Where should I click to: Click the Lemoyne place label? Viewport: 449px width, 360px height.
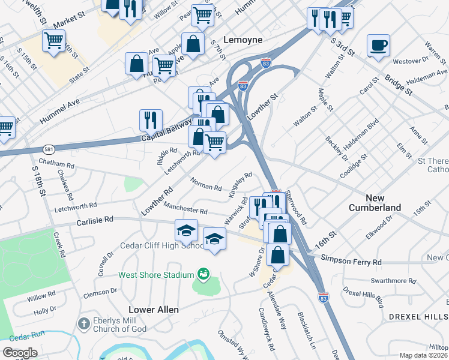point(243,40)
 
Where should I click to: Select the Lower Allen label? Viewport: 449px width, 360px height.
point(154,310)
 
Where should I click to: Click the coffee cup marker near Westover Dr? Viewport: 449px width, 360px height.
point(378,46)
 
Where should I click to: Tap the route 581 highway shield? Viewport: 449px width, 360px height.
point(48,148)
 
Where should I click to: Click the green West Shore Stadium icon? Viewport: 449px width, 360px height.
point(203,275)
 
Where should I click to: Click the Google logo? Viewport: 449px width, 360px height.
point(20,353)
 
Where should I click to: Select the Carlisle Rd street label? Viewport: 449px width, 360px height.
point(95,220)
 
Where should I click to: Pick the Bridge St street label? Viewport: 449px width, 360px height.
point(399,85)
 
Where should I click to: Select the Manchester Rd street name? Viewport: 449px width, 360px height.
point(185,209)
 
